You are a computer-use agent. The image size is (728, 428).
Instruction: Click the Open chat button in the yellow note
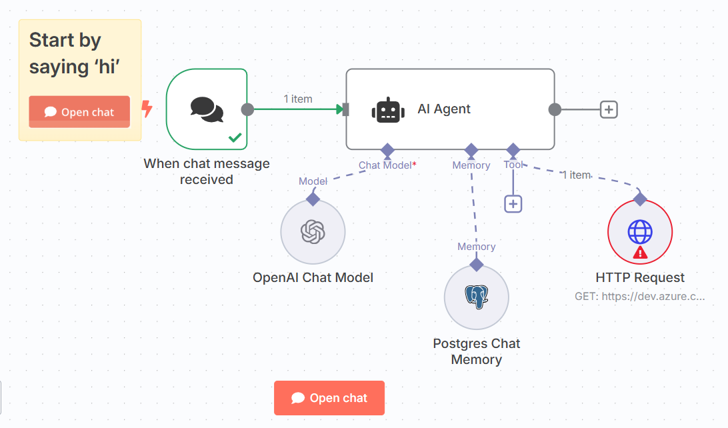79,112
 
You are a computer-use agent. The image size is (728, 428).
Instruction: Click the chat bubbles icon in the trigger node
207,109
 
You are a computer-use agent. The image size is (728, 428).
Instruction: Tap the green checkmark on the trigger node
235,137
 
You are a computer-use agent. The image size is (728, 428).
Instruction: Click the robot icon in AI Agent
388,111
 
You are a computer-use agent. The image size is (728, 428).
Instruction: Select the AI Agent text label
444,109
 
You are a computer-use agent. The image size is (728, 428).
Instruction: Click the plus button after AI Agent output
609,109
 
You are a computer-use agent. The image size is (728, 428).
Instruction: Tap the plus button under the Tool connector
513,204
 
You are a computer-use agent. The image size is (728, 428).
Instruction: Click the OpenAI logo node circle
313,231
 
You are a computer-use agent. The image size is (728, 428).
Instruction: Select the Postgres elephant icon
477,297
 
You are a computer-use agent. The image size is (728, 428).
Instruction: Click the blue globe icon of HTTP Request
640,231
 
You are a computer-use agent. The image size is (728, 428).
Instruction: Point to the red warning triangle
640,253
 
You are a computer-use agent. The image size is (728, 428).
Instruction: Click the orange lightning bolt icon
147,109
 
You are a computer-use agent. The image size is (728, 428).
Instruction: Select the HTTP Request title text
640,277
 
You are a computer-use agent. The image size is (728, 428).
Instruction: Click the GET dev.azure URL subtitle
640,296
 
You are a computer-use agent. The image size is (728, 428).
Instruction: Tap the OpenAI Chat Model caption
313,277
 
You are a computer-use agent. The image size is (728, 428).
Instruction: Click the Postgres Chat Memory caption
477,351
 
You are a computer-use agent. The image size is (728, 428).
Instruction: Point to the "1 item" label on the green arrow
298,99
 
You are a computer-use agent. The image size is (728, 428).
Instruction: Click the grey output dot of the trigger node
247,109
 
